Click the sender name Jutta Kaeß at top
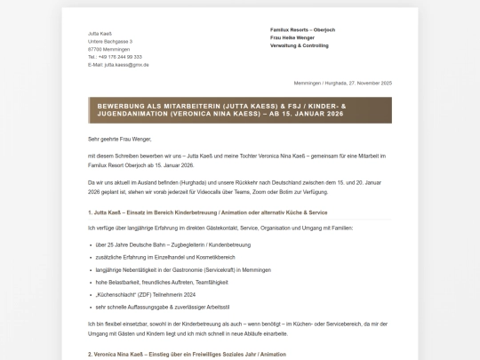click(100, 33)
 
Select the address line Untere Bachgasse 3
click(110, 41)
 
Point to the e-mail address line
click(118, 65)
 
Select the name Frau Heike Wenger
click(292, 37)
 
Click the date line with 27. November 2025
click(342, 83)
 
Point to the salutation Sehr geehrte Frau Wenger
click(120, 139)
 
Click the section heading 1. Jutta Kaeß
click(208, 212)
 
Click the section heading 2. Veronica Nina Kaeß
click(187, 354)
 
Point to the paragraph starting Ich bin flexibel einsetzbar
click(239, 327)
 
